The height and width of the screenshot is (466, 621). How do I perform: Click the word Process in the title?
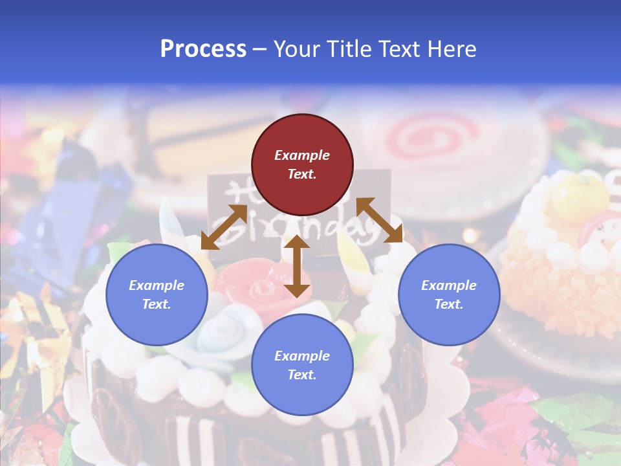[203, 49]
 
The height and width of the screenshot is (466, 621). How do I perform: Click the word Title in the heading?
[346, 49]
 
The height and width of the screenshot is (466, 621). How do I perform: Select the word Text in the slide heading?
[398, 49]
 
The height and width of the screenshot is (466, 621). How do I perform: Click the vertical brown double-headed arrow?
[297, 266]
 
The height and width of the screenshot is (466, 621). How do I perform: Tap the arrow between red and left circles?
[224, 227]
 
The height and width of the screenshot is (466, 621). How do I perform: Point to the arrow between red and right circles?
[379, 220]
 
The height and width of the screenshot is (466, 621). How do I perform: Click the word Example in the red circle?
[302, 155]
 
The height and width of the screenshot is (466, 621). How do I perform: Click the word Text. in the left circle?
[157, 304]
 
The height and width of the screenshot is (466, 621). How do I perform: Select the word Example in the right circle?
[449, 285]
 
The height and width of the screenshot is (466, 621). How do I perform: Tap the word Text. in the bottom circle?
[302, 375]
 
